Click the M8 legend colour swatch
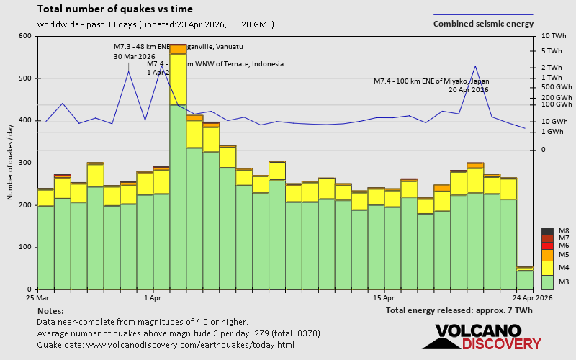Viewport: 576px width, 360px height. pos(546,231)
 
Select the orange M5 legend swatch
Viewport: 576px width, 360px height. pos(546,254)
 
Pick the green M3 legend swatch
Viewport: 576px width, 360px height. pos(546,282)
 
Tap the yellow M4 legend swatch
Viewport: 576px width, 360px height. pos(546,267)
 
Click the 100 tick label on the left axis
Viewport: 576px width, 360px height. pos(24,247)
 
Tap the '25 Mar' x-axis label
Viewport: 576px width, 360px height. pos(37,297)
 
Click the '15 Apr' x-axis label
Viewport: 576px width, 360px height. pos(384,297)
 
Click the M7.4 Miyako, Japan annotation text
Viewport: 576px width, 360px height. pos(431,81)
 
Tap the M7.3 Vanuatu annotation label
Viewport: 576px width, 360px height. pos(179,47)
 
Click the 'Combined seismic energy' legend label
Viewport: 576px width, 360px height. pos(483,24)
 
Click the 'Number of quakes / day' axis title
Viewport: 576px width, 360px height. pos(11,162)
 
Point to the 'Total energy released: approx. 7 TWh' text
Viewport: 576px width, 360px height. pos(459,310)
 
